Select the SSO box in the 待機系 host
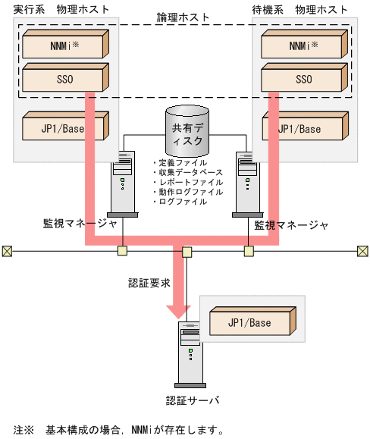pos(303,78)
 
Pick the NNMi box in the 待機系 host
pos(303,46)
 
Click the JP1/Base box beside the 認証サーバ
pos(249,323)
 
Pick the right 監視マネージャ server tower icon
pos(246,183)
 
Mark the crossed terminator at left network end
pos(7,251)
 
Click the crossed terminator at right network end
pos(362,251)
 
